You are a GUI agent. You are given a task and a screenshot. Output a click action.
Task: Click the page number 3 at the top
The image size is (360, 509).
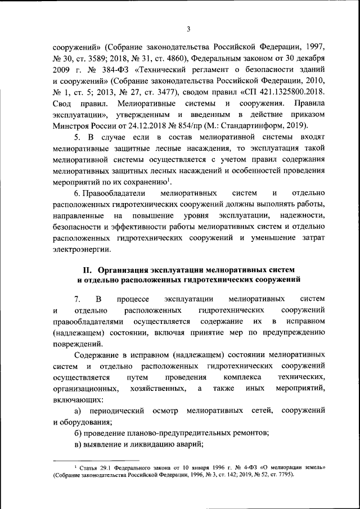(x=190, y=29)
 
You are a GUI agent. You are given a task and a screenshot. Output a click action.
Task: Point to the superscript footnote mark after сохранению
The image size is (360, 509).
(x=170, y=179)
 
